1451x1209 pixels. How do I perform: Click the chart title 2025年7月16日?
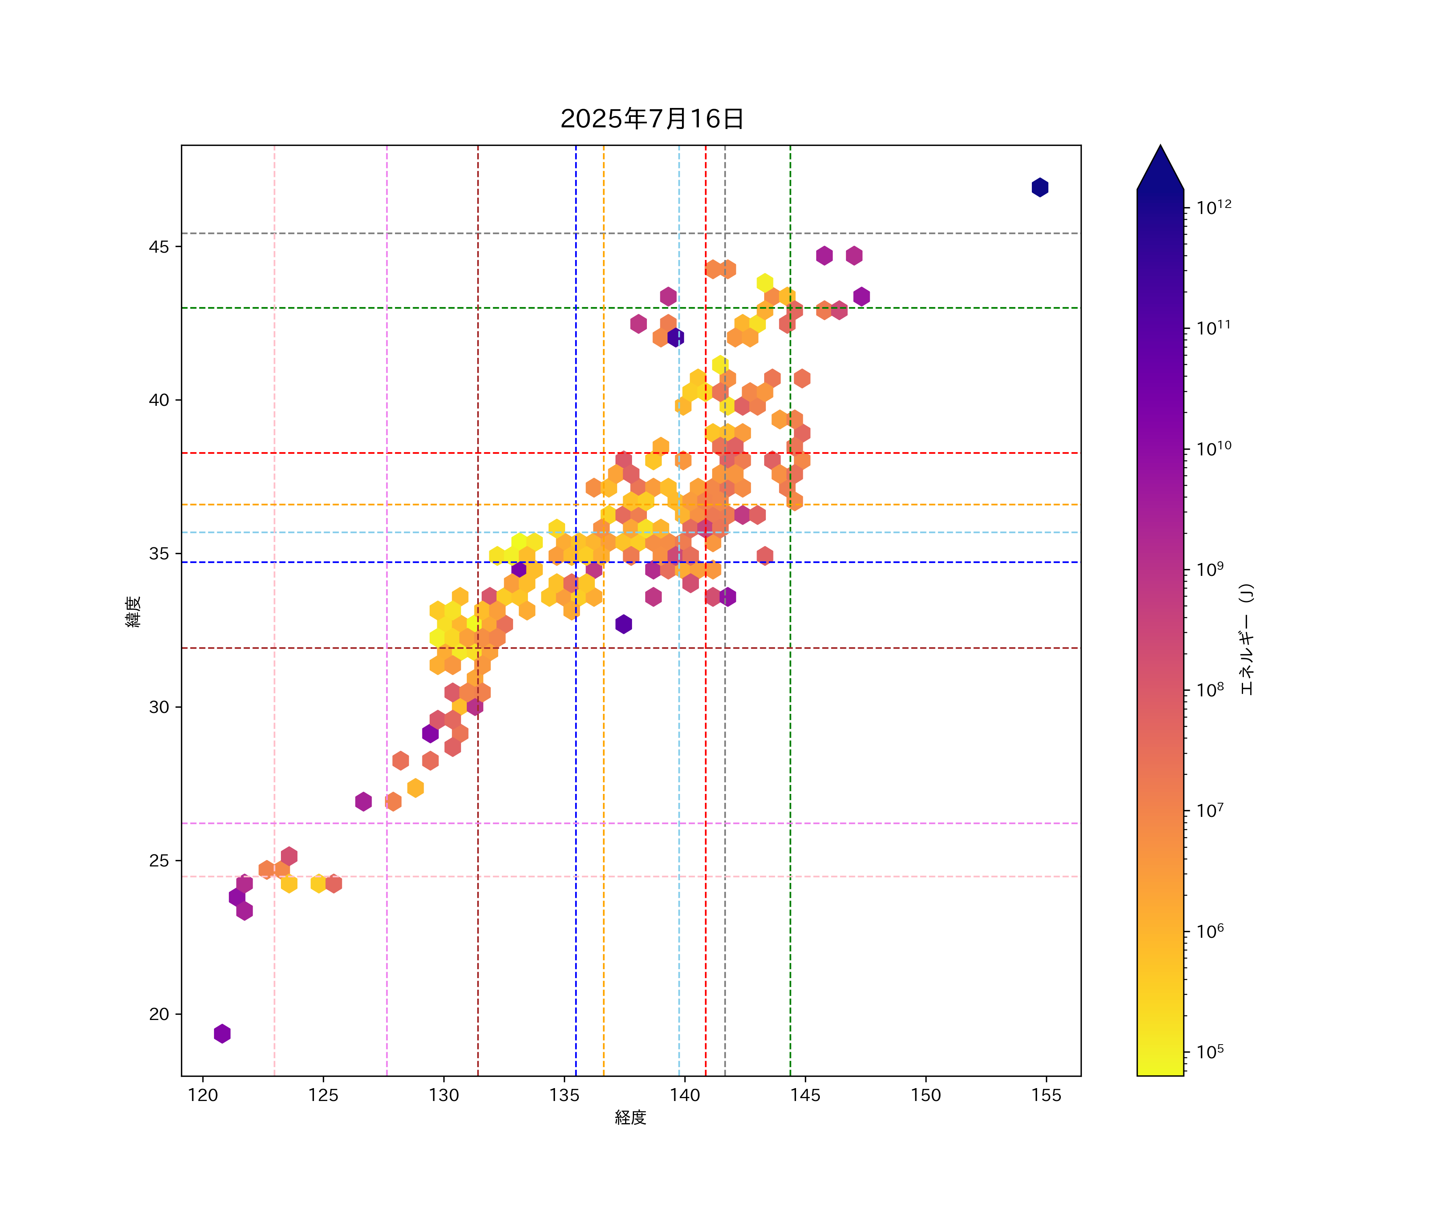pos(652,119)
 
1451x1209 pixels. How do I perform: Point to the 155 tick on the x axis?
pos(1046,1095)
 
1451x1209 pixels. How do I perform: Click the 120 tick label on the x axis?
pos(203,1095)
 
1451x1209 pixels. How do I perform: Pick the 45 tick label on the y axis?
pos(159,247)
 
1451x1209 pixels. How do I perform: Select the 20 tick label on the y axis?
pos(159,1014)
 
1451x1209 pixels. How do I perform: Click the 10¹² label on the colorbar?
pos(1214,207)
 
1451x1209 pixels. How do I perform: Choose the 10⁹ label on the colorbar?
pos(1210,569)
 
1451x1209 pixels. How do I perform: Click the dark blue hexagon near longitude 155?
pos(1040,187)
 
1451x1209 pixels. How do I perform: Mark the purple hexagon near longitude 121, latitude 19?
pos(222,1034)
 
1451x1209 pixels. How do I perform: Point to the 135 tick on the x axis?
pos(565,1095)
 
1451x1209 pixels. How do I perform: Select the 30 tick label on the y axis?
pos(159,707)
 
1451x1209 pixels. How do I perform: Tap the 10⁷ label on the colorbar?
pos(1210,810)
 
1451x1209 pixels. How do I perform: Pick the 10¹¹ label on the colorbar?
pos(1214,328)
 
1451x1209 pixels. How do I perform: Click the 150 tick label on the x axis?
pos(926,1095)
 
